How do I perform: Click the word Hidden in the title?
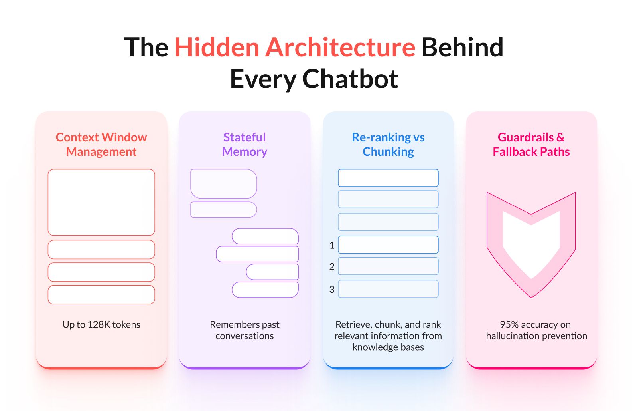coord(217,47)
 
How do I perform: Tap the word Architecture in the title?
coord(340,47)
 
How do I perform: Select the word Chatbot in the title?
coord(350,79)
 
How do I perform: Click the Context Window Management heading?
coord(101,144)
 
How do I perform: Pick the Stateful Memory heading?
coord(245,144)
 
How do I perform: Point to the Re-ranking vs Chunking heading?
coord(388,144)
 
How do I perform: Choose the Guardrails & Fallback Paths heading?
coord(531,144)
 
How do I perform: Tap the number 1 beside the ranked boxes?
coord(332,245)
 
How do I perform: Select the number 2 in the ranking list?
coord(332,266)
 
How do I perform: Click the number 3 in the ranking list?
coord(332,289)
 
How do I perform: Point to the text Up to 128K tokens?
coord(101,324)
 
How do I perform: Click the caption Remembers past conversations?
coord(245,330)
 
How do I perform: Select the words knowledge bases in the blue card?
coord(388,347)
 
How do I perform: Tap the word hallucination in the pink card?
coord(515,336)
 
